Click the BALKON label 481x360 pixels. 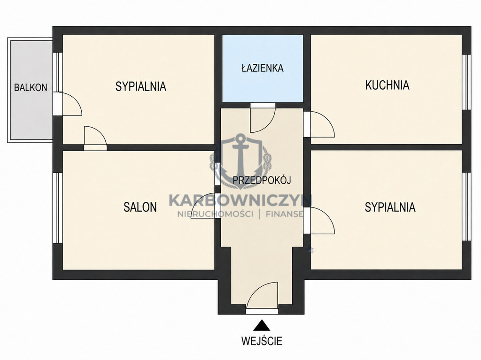(31, 87)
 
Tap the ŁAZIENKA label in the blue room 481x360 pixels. (263, 68)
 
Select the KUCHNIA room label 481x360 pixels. (387, 85)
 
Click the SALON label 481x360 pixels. (140, 207)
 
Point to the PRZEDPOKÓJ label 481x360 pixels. (262, 180)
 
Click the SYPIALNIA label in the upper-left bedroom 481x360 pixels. (141, 86)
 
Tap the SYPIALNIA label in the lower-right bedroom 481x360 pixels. (390, 207)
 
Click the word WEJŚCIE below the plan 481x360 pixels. (262, 341)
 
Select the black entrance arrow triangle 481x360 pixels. (262, 325)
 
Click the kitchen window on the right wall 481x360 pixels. (466, 82)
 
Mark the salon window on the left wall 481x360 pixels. (57, 208)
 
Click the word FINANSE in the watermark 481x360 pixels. (284, 214)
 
